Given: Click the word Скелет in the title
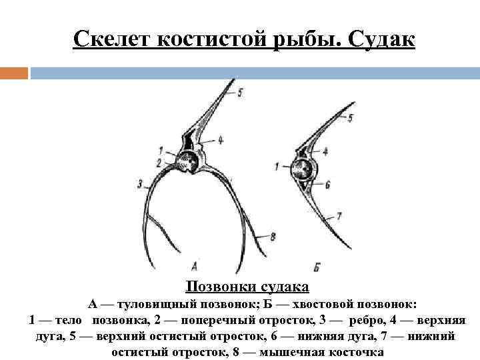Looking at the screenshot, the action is pyautogui.click(x=114, y=39).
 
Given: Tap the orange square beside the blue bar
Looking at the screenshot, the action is pyautogui.click(x=14, y=73).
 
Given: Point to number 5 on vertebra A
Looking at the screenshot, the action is pyautogui.click(x=240, y=91).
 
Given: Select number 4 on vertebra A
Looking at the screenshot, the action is pyautogui.click(x=220, y=140).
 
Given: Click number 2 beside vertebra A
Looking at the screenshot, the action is pyautogui.click(x=159, y=162).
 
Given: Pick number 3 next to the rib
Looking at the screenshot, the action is pyautogui.click(x=140, y=183).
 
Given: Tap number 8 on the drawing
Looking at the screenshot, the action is pyautogui.click(x=273, y=235).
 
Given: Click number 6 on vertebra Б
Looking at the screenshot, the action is pyautogui.click(x=327, y=182).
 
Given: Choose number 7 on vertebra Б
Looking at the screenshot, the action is pyautogui.click(x=339, y=215).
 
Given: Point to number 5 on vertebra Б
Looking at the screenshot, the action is pyautogui.click(x=351, y=117).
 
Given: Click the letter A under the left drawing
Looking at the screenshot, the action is pyautogui.click(x=193, y=263).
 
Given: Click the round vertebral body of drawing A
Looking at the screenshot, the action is pyautogui.click(x=189, y=162).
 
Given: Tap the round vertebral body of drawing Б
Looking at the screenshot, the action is pyautogui.click(x=304, y=167).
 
